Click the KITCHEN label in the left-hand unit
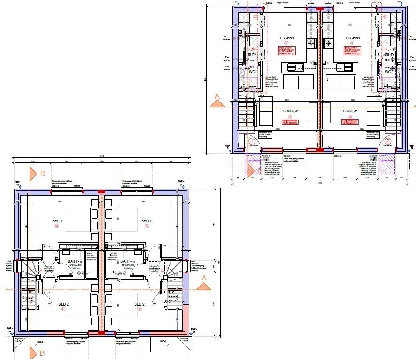[x=286, y=38]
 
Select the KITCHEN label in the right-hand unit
[x=352, y=38]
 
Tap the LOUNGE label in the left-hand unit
[x=290, y=111]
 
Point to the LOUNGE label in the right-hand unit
[x=349, y=111]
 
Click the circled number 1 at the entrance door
[x=252, y=141]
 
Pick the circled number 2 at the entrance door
[x=387, y=141]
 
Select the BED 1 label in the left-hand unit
[x=58, y=220]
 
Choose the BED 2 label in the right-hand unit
[x=140, y=304]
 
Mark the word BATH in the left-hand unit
[x=73, y=261]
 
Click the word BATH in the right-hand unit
[x=125, y=261]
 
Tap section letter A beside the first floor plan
[x=203, y=278]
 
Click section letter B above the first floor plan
[x=42, y=174]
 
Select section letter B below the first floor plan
[x=42, y=348]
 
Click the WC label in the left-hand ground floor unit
[x=252, y=72]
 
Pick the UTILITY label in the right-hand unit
[x=388, y=55]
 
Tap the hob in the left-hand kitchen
[x=312, y=43]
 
